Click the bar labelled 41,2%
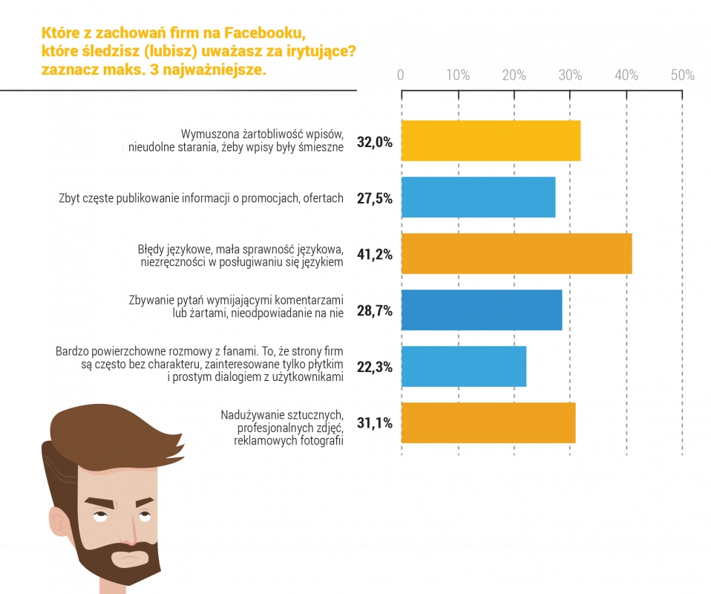pyautogui.click(x=516, y=254)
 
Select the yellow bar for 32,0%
pyautogui.click(x=491, y=141)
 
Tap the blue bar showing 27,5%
pyautogui.click(x=478, y=198)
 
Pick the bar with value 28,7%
pyautogui.click(x=482, y=310)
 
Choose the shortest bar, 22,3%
pyautogui.click(x=464, y=366)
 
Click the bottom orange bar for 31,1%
pyautogui.click(x=488, y=422)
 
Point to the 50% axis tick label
pyautogui.click(x=682, y=75)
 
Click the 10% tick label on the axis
pyautogui.click(x=458, y=75)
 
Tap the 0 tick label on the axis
pyautogui.click(x=401, y=75)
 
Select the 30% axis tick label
pyautogui.click(x=570, y=75)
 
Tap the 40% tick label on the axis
pyautogui.click(x=626, y=75)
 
